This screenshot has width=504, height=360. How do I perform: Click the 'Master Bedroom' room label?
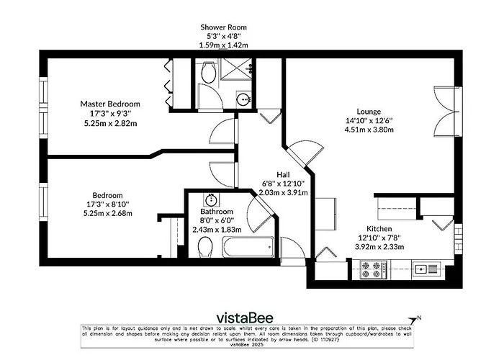[109, 104]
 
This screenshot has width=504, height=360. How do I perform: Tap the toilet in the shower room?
[208, 72]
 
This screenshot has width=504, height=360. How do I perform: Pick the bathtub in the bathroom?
[248, 248]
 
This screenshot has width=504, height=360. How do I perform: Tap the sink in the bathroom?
[212, 199]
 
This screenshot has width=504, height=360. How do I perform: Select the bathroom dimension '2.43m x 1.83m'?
[216, 229]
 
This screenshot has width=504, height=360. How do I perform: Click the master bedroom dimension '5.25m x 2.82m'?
[109, 122]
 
